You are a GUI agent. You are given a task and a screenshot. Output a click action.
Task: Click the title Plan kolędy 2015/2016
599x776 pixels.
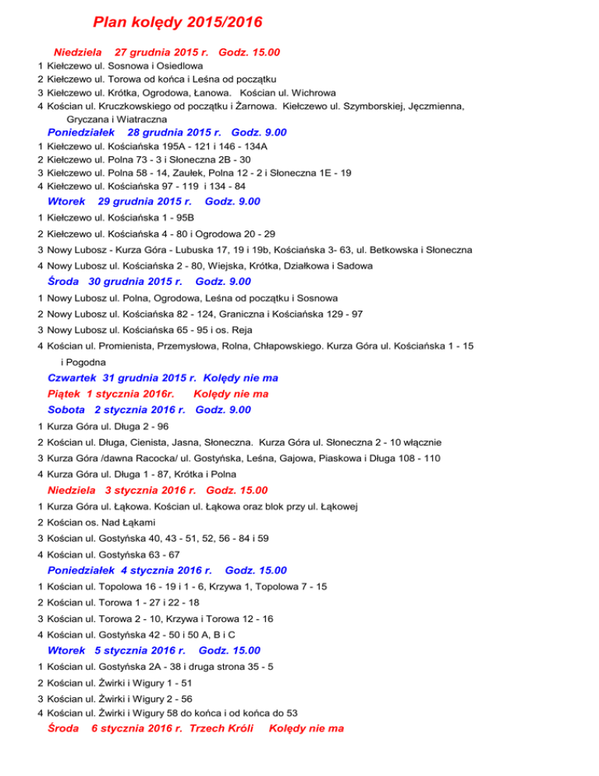click(x=177, y=21)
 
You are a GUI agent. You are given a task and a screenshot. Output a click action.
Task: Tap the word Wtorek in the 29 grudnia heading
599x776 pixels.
click(x=66, y=201)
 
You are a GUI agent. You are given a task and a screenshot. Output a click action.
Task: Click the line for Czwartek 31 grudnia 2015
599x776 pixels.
click(x=163, y=378)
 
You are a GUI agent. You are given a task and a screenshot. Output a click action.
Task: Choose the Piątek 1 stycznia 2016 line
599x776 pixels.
click(x=158, y=393)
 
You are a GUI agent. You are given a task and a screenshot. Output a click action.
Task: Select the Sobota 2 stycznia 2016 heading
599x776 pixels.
click(x=149, y=409)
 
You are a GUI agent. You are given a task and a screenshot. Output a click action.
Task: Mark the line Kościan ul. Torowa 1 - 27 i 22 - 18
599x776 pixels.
click(x=130, y=603)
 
